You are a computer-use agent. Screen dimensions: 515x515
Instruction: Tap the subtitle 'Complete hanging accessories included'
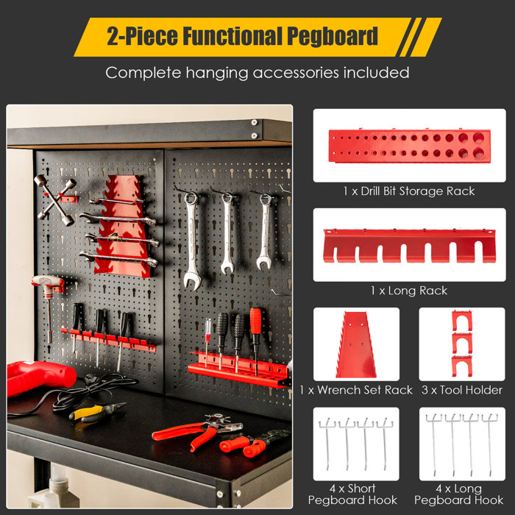pos(257,73)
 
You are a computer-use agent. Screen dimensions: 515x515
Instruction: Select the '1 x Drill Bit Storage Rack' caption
pos(409,191)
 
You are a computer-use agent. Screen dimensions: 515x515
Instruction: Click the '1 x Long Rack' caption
pos(410,291)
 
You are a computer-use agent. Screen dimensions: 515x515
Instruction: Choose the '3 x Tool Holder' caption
pos(462,390)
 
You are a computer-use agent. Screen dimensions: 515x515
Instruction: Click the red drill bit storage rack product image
pos(409,146)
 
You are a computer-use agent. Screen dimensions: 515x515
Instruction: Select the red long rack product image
pos(410,245)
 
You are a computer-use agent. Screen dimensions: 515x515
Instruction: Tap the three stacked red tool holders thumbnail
pos(461,344)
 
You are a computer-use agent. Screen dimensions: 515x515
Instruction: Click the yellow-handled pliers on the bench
pos(96,413)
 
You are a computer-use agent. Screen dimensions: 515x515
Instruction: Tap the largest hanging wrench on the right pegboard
pos(191,239)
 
